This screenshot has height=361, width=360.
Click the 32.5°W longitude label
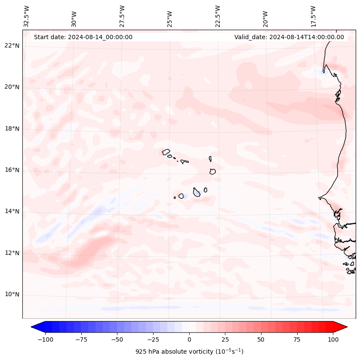click(27, 16)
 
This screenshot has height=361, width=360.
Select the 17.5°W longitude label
click(313, 16)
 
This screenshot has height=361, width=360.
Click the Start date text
click(83, 37)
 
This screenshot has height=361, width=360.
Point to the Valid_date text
click(289, 37)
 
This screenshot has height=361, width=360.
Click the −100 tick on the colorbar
click(45, 339)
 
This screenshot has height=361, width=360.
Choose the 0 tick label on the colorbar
click(189, 339)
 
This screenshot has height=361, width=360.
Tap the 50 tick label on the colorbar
click(261, 339)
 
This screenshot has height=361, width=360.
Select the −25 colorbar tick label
click(153, 339)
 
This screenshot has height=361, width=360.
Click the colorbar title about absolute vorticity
click(189, 352)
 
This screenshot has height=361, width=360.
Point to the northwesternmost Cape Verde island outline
click(166, 152)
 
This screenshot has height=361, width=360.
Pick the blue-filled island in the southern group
click(197, 192)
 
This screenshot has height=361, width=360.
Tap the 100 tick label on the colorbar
click(332, 339)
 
